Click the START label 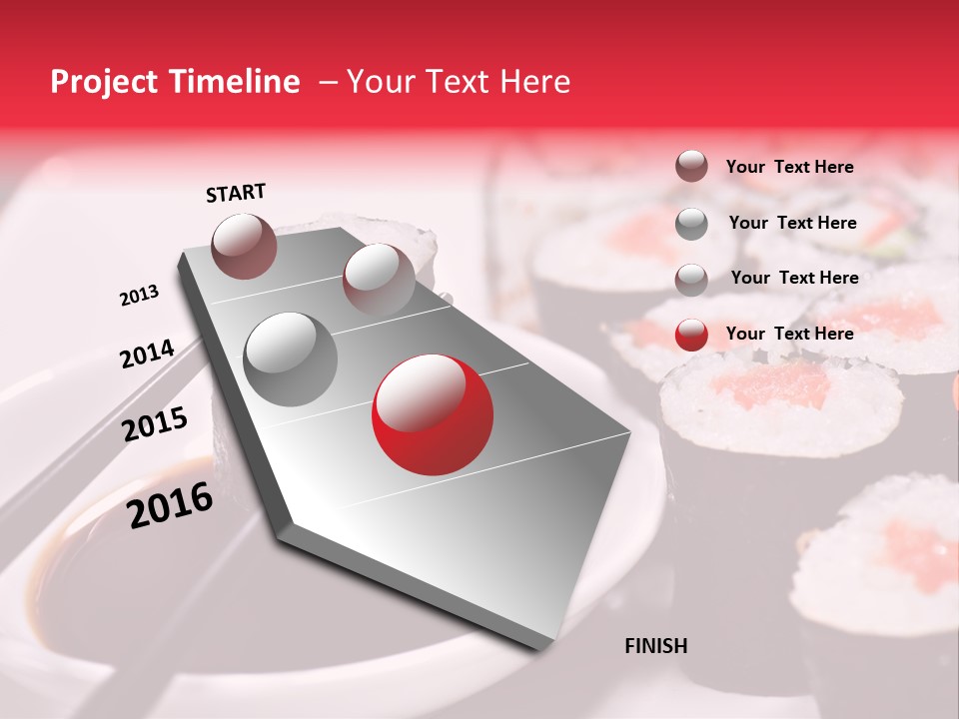[x=236, y=193]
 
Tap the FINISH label [x=655, y=646]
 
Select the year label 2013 [x=139, y=296]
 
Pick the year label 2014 [x=147, y=354]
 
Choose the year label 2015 [x=155, y=424]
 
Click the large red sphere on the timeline [x=432, y=414]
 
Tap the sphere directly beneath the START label [x=245, y=246]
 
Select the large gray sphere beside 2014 [x=290, y=359]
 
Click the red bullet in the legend [x=691, y=335]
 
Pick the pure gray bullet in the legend [x=691, y=224]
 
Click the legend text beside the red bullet [x=789, y=334]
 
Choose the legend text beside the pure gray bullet [x=792, y=223]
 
